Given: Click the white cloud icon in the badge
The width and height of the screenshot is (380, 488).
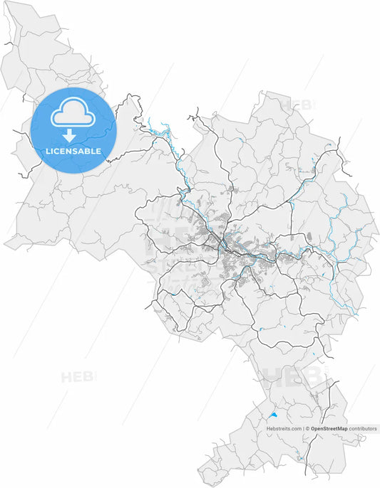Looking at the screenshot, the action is pos(73,113).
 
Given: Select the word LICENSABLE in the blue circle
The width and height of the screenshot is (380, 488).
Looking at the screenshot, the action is pos(72,151).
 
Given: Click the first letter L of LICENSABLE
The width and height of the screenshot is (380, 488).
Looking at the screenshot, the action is pos(48,151).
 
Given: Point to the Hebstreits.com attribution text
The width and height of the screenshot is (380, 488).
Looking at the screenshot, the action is pos(284,429).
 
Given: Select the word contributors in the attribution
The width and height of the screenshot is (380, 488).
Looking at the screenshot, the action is pos(363,429).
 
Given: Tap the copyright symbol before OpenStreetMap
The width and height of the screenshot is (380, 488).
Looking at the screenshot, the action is pos(308,429).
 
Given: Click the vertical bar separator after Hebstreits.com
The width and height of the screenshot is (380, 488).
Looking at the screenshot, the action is pos(303,429).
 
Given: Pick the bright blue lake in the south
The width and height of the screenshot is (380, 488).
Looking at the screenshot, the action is pos(272,413).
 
